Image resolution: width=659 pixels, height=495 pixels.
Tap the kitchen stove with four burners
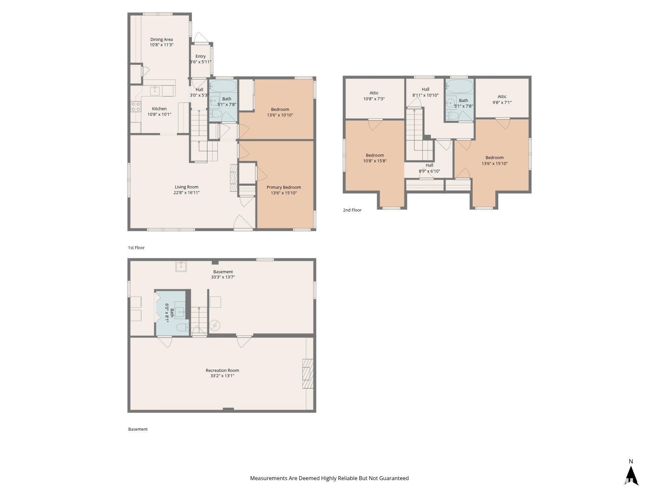135,106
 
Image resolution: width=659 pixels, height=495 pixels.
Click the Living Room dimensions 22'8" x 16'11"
186,193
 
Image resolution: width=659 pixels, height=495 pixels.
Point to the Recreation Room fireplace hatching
308,374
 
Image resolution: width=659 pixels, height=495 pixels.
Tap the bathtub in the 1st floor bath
223,86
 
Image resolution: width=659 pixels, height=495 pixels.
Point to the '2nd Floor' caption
352,210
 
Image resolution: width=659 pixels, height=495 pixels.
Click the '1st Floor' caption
136,247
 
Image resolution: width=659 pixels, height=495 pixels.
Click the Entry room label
200,56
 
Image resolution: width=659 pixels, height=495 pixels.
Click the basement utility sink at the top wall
181,266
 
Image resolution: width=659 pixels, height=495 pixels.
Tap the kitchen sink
155,90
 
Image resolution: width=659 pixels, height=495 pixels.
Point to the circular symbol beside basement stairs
215,326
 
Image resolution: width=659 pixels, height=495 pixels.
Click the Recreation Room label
222,370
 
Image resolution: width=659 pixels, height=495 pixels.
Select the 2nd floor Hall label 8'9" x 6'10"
429,168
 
